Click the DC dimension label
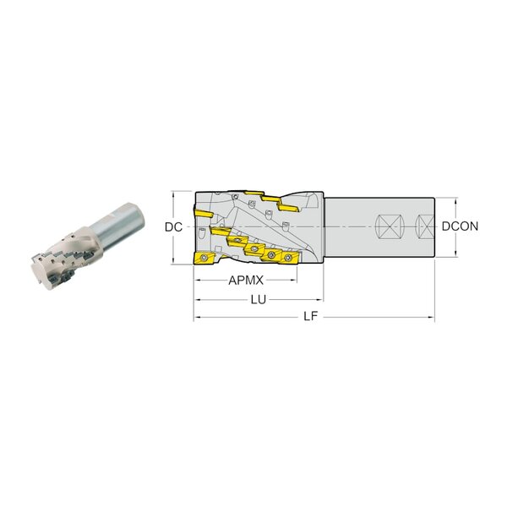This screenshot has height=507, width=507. (173, 227)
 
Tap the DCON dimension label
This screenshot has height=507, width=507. (460, 226)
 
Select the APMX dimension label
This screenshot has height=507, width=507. (246, 281)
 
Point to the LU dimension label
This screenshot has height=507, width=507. (259, 300)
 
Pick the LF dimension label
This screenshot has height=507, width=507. (311, 317)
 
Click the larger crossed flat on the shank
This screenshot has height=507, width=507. (390, 226)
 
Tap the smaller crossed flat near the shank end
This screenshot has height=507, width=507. (426, 226)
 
